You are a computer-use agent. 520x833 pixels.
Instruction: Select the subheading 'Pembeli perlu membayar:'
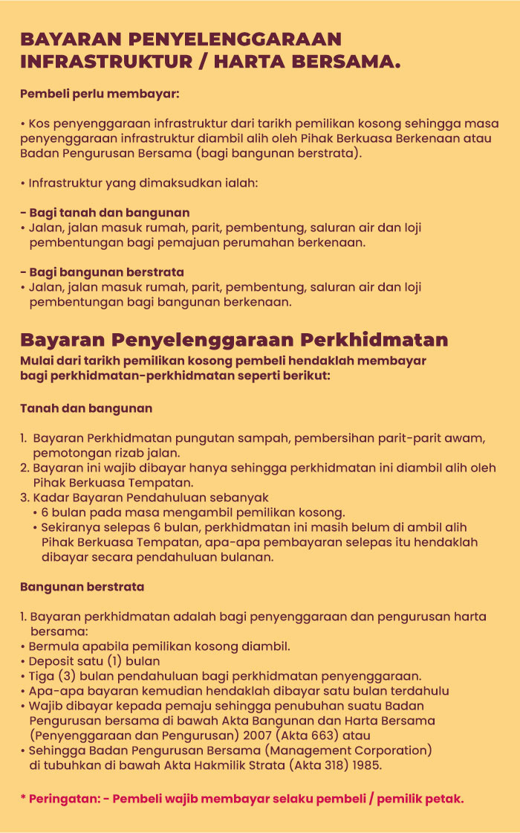(x=100, y=95)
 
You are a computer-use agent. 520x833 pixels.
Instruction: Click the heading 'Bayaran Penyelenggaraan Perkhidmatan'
(x=234, y=341)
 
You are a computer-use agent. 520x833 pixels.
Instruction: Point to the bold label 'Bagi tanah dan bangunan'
(x=109, y=212)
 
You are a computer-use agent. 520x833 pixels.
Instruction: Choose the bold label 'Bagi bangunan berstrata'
(x=106, y=271)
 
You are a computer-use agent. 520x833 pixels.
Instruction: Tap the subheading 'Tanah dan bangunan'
(x=86, y=408)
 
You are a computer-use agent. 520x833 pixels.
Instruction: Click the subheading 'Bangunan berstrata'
(x=82, y=587)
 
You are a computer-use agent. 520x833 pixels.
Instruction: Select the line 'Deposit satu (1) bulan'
(x=94, y=660)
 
